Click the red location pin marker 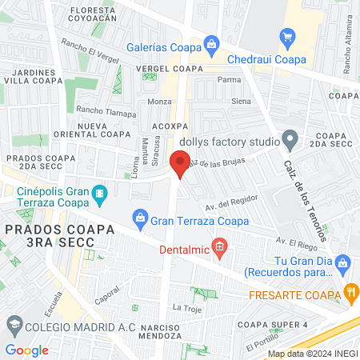click(x=181, y=166)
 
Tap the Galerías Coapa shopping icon click(x=211, y=44)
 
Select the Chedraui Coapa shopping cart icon click(x=288, y=37)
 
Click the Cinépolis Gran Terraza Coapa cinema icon click(x=99, y=193)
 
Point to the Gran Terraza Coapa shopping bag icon click(x=140, y=218)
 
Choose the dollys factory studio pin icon click(x=290, y=141)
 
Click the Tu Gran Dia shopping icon click(x=343, y=262)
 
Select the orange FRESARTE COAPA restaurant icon click(x=350, y=293)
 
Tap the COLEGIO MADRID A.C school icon click(x=14, y=323)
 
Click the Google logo click(x=26, y=350)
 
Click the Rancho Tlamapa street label click(x=106, y=113)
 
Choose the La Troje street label click(x=185, y=307)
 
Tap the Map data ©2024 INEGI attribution click(x=311, y=354)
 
